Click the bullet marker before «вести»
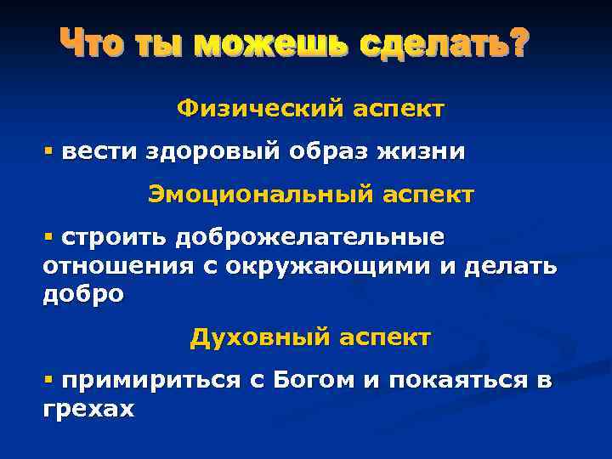pos(49,151)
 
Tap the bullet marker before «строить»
pos(49,235)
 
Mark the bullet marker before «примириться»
pos(49,380)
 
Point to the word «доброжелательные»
pos(311,237)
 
